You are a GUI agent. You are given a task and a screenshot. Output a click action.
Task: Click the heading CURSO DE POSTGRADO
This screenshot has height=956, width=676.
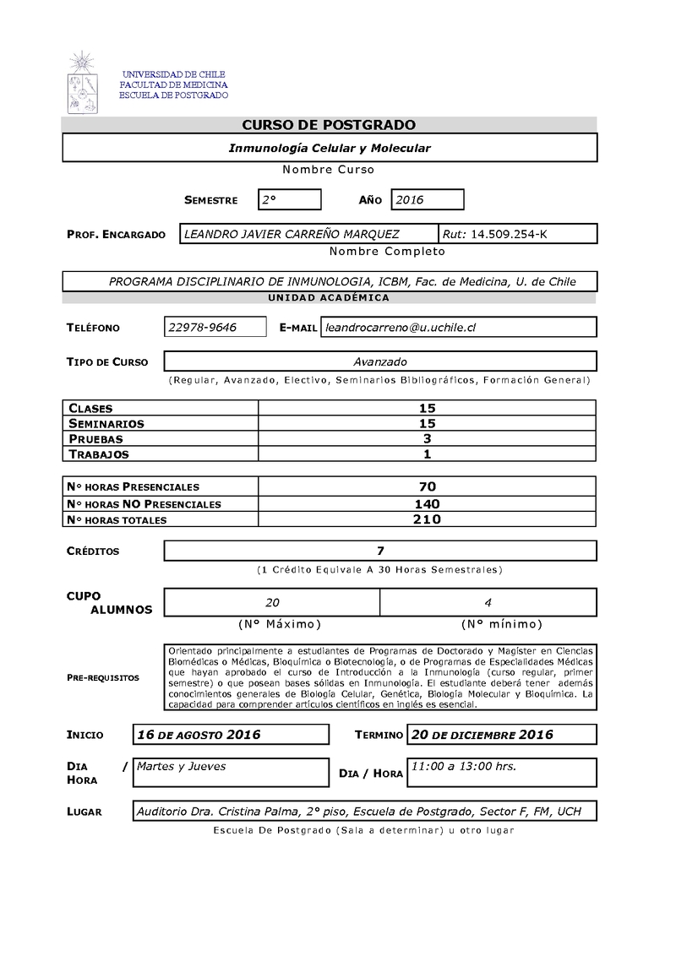329,125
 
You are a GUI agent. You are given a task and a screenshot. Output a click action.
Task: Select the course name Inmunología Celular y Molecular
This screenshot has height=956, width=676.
330,148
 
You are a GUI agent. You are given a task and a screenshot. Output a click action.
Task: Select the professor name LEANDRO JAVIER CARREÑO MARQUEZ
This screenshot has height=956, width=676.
292,234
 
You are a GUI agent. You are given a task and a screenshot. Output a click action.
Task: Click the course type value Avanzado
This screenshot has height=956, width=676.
380,361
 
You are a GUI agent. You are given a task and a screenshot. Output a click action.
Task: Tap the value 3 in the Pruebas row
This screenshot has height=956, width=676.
427,438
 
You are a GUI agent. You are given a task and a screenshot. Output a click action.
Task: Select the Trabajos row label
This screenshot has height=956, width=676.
99,454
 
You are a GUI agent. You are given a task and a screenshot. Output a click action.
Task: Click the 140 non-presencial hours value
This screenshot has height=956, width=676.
427,503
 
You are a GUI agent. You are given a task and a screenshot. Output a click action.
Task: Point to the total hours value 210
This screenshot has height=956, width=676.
427,519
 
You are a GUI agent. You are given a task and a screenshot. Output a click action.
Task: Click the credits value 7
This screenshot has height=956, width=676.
380,551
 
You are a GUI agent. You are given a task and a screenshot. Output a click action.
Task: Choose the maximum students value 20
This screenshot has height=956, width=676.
272,602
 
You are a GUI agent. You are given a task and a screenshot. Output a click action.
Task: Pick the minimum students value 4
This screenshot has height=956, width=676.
488,602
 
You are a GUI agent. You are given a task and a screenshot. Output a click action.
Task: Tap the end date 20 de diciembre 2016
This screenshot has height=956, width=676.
482,735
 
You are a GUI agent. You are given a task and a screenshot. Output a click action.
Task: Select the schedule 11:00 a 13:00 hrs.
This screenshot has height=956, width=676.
463,767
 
